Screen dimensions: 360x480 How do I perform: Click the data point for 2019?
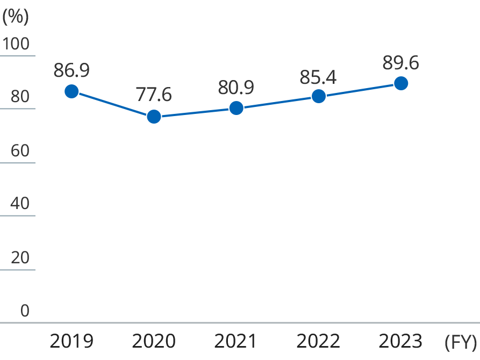pyautogui.click(x=71, y=91)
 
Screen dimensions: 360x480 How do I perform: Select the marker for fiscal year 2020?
pyautogui.click(x=154, y=117)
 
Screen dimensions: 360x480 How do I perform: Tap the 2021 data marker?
pyautogui.click(x=236, y=108)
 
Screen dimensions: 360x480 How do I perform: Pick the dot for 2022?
pyautogui.click(x=319, y=96)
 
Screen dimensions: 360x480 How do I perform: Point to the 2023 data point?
pyautogui.click(x=400, y=83)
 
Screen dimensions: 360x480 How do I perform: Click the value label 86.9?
pyautogui.click(x=71, y=70)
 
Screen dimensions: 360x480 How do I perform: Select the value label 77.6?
pyautogui.click(x=154, y=95)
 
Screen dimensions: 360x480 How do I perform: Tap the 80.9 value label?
pyautogui.click(x=236, y=87)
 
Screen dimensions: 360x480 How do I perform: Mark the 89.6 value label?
pyautogui.click(x=400, y=63)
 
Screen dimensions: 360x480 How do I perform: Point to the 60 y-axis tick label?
pyautogui.click(x=20, y=151)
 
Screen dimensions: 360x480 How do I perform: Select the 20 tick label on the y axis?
pyautogui.click(x=20, y=258)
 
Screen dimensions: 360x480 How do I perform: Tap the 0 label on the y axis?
pyautogui.click(x=25, y=311)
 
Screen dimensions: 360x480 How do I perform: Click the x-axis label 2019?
pyautogui.click(x=71, y=341)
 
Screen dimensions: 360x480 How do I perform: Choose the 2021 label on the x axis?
pyautogui.click(x=236, y=341)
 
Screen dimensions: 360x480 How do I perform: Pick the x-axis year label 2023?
pyautogui.click(x=400, y=341)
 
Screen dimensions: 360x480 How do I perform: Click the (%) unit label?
pyautogui.click(x=15, y=16)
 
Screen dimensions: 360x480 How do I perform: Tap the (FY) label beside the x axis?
pyautogui.click(x=461, y=342)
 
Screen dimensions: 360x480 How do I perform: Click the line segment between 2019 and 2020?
pyautogui.click(x=113, y=104)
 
